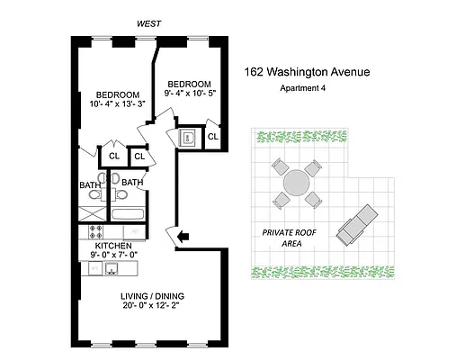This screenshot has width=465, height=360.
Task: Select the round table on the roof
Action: pyautogui.click(x=297, y=183)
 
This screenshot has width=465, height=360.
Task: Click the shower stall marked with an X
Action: pyautogui.click(x=90, y=214)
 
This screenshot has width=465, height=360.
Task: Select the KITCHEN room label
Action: pyautogui.click(x=114, y=246)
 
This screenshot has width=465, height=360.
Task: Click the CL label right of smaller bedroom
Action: pyautogui.click(x=212, y=137)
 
